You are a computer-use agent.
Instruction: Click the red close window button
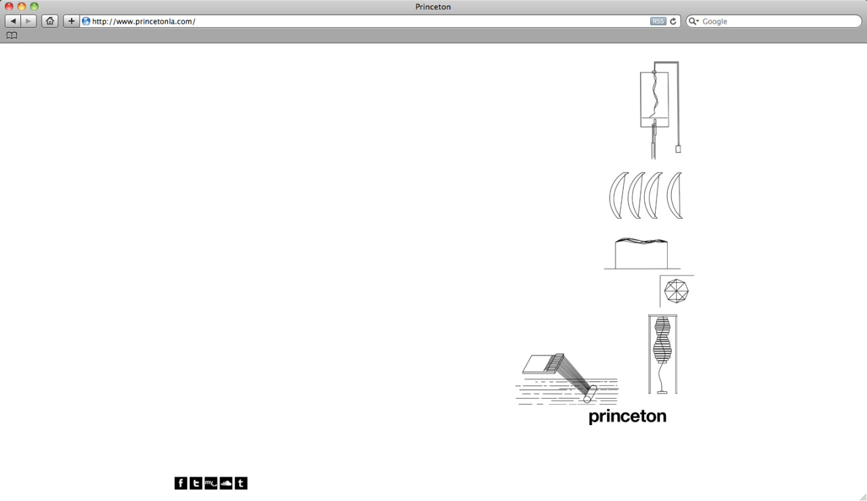pyautogui.click(x=9, y=7)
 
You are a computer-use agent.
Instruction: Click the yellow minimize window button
pyautogui.click(x=22, y=7)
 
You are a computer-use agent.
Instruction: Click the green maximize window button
pyautogui.click(x=35, y=7)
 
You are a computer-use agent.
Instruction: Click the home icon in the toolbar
pyautogui.click(x=50, y=21)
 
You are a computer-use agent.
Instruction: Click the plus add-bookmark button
pyautogui.click(x=71, y=21)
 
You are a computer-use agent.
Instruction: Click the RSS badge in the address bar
pyautogui.click(x=658, y=21)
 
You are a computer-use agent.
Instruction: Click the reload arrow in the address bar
pyautogui.click(x=673, y=21)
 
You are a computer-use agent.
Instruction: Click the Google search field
pyautogui.click(x=774, y=21)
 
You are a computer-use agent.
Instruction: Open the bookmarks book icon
pyautogui.click(x=12, y=36)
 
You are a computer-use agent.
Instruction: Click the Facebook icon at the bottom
pyautogui.click(x=181, y=483)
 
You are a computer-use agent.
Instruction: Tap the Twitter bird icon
pyautogui.click(x=196, y=483)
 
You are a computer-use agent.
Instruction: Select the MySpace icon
pyautogui.click(x=211, y=483)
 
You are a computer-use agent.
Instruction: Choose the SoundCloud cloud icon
pyautogui.click(x=226, y=483)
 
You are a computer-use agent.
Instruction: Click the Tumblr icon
pyautogui.click(x=241, y=483)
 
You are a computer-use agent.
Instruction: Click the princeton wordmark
pyautogui.click(x=627, y=416)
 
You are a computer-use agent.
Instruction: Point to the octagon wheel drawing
pyautogui.click(x=676, y=291)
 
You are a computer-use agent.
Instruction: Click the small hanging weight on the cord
pyautogui.click(x=678, y=149)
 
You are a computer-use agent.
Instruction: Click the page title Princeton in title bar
pyautogui.click(x=433, y=7)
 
